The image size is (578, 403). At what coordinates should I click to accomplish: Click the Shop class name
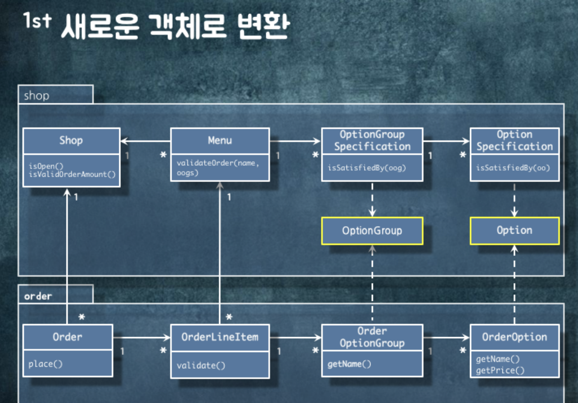71,141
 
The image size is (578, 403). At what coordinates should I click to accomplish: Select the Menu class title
220,141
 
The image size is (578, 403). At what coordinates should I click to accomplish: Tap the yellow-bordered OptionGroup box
372,231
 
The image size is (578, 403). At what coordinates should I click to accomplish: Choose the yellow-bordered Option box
514,230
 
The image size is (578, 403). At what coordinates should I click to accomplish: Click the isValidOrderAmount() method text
72,175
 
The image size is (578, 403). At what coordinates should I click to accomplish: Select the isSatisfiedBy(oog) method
367,168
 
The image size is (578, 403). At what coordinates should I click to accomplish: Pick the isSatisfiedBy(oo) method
513,168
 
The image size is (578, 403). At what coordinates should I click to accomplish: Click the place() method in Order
45,364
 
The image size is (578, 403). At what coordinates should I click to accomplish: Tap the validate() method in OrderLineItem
201,366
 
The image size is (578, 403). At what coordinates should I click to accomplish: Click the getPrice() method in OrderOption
500,370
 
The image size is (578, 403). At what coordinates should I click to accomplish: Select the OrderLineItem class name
220,337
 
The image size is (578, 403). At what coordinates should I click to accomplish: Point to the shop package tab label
37,96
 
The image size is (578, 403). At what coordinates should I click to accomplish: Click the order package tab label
38,296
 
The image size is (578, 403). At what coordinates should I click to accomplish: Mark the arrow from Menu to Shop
145,141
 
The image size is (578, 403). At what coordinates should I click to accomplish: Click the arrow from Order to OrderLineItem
141,337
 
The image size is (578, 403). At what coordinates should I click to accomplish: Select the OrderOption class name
514,337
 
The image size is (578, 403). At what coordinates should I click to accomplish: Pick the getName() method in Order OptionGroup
349,364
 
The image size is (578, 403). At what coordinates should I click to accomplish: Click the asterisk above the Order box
82,317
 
